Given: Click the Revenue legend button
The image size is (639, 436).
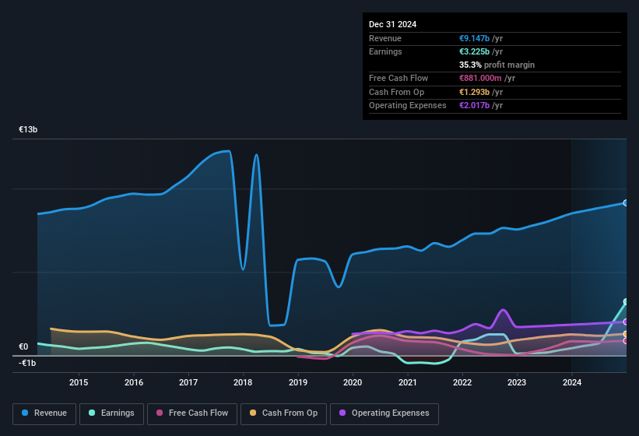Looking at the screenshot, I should (45, 413).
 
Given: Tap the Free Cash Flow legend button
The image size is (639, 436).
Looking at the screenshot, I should (192, 413).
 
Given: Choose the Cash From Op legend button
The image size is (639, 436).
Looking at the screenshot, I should (285, 413).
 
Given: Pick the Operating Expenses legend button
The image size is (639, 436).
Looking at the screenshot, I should (384, 413).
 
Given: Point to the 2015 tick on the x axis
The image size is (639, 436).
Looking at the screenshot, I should (79, 381).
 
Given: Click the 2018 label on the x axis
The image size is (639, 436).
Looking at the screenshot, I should (243, 381).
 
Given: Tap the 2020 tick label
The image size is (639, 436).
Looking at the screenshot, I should (353, 381).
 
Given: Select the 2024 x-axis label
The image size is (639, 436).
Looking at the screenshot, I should (572, 381).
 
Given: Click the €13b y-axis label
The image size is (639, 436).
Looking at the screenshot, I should (28, 130).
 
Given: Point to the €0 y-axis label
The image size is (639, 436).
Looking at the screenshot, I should (23, 347).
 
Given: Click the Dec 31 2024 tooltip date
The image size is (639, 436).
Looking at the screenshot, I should (393, 24).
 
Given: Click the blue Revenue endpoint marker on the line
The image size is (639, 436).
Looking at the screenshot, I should (626, 202).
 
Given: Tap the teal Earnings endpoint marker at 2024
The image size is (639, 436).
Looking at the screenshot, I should (626, 302).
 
